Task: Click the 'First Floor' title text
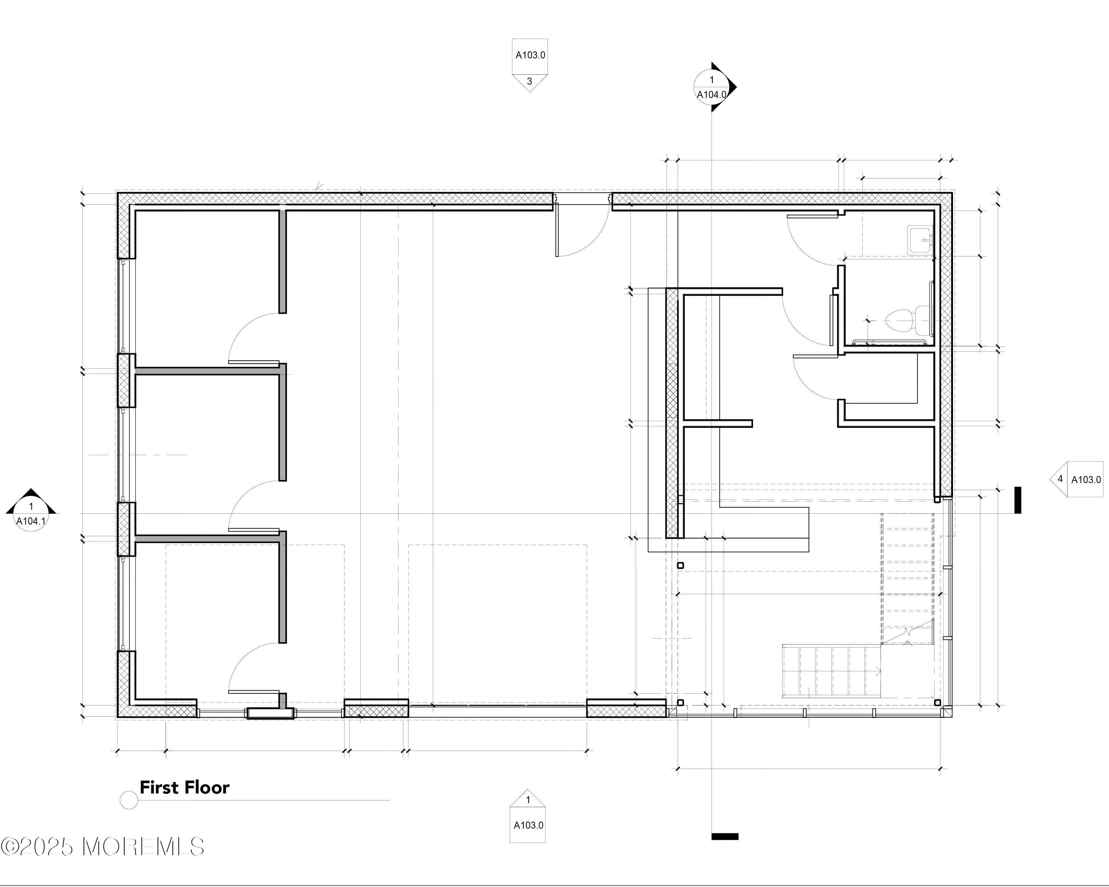184,788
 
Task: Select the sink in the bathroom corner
921,239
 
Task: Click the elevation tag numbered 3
529,65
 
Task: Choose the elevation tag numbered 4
1076,479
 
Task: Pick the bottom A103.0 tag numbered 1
528,816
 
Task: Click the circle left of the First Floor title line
129,800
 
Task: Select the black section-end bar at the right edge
1017,500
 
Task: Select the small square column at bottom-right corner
937,703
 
